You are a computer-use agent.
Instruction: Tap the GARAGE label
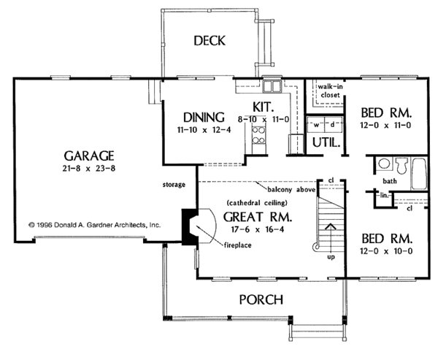(x=89, y=155)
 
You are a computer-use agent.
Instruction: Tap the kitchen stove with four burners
(x=259, y=133)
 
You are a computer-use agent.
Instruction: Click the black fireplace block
(x=188, y=225)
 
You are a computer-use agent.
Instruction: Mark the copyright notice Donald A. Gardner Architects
(x=94, y=226)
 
